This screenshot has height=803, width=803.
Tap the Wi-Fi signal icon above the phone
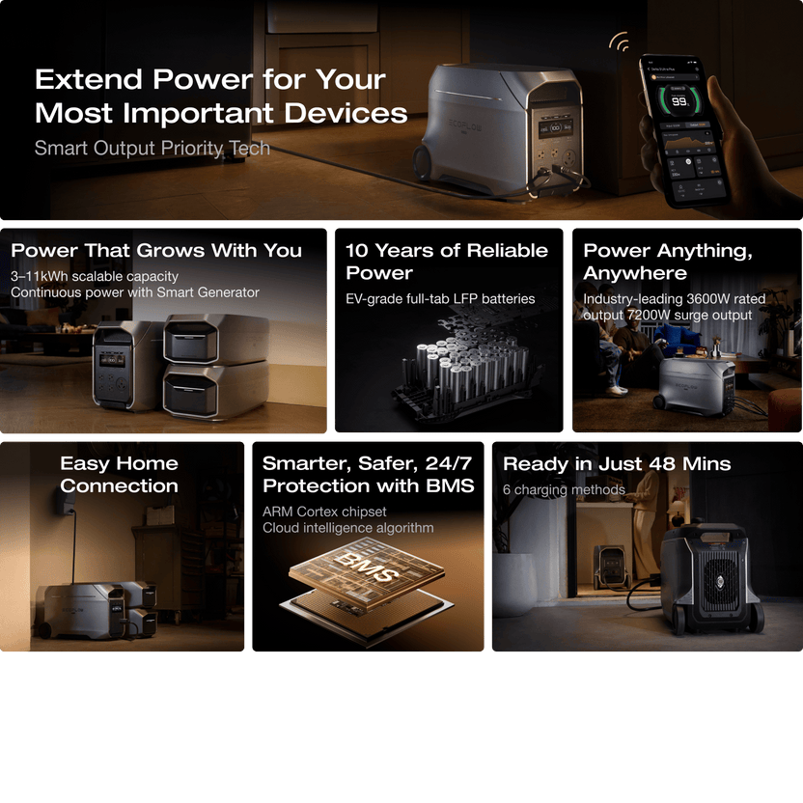[619, 43]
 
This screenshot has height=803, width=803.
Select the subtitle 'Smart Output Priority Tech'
[152, 148]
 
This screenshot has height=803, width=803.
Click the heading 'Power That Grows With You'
[156, 251]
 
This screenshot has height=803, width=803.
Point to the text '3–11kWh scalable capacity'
[95, 276]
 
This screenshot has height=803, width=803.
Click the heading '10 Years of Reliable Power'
[446, 262]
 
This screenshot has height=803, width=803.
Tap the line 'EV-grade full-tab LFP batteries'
[440, 299]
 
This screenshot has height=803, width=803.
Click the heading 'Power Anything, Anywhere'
[668, 262]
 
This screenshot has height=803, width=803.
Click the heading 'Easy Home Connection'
[119, 474]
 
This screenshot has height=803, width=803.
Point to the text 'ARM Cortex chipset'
[324, 512]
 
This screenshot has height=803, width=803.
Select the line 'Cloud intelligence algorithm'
[347, 528]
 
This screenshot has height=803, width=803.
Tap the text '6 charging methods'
[564, 489]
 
